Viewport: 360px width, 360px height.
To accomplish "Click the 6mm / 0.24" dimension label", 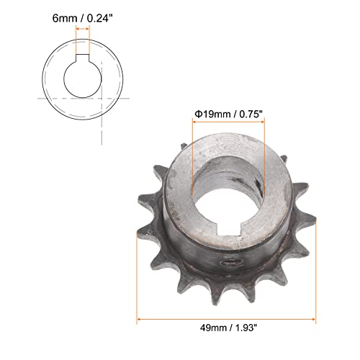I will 81,15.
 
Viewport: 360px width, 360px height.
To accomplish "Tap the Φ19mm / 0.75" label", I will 228,113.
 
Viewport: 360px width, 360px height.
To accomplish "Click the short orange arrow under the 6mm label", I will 83,30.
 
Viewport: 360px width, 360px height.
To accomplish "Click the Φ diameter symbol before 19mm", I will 197,113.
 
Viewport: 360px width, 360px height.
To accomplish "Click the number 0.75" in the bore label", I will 249,113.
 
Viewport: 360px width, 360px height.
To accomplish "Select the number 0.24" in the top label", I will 102,15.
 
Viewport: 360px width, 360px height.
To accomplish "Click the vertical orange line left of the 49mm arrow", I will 137,281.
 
